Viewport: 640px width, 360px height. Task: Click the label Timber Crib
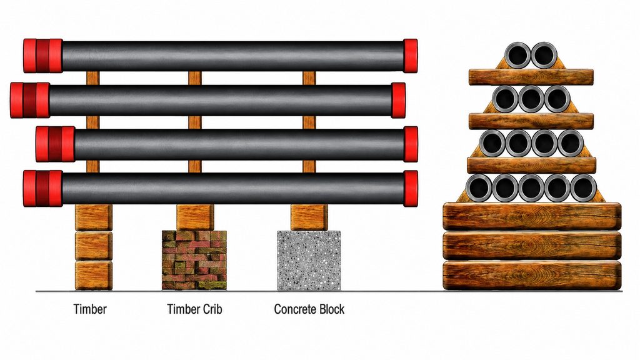(x=194, y=309)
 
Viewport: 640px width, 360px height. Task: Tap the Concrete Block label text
(x=309, y=309)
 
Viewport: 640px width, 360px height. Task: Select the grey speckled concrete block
(x=309, y=261)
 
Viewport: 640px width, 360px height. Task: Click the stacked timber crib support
(x=194, y=261)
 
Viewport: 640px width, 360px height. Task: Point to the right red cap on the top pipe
(x=410, y=56)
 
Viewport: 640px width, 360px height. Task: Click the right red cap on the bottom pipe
(x=411, y=188)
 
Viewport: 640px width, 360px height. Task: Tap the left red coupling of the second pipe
(x=30, y=100)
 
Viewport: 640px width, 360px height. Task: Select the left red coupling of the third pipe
(x=55, y=144)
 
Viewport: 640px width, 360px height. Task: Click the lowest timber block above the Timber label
(x=94, y=276)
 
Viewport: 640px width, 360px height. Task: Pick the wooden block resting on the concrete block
(x=309, y=217)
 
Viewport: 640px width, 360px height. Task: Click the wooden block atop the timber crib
(x=195, y=217)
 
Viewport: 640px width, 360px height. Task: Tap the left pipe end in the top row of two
(x=517, y=55)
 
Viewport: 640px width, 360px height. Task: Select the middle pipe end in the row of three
(x=531, y=99)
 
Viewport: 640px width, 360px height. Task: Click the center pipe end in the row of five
(x=531, y=187)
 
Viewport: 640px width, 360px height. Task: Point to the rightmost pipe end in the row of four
(x=570, y=143)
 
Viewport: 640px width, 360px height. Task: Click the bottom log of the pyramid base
(x=532, y=276)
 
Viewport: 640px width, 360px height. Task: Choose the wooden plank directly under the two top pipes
(x=531, y=77)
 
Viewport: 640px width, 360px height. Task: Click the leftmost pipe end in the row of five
(x=478, y=187)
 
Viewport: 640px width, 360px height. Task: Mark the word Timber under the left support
(x=90, y=309)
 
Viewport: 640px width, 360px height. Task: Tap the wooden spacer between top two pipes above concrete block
(x=309, y=78)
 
